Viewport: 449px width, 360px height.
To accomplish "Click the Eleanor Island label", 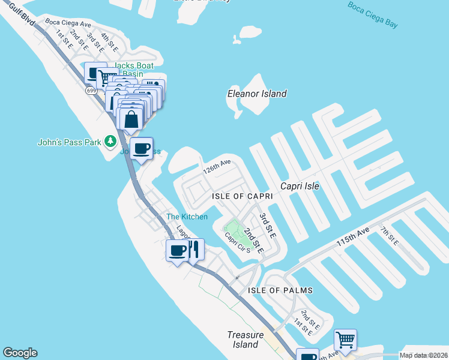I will (x=256, y=94).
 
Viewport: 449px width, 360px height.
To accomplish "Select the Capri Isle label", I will (x=298, y=186).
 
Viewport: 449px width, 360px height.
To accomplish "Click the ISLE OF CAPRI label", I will (x=243, y=196).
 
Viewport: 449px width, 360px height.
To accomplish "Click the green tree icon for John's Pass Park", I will (x=110, y=142).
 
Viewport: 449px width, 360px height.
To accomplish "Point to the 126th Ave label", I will (x=217, y=166).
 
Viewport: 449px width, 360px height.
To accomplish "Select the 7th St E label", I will (x=388, y=235).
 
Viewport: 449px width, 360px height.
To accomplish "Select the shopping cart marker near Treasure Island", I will (x=346, y=340).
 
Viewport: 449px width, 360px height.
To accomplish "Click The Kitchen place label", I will (x=187, y=217).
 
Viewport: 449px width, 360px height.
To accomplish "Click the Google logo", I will (x=20, y=353).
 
